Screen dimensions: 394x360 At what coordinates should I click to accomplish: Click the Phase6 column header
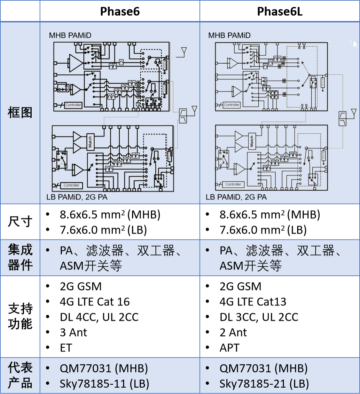tap(120, 12)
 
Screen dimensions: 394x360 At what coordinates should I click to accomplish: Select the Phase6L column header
tap(280, 12)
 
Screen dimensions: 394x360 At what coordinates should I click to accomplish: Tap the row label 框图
tap(20, 113)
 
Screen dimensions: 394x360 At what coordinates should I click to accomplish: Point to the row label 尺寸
tap(20, 221)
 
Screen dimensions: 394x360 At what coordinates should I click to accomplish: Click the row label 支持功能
tap(20, 316)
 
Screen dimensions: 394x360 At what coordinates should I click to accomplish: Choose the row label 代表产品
tap(20, 375)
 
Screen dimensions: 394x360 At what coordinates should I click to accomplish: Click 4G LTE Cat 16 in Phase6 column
tap(95, 302)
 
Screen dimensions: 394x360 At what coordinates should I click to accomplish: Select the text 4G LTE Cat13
tap(253, 302)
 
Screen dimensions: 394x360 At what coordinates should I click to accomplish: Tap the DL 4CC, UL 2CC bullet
tap(99, 317)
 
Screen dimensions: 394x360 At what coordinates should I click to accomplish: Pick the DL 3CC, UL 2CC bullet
tap(259, 317)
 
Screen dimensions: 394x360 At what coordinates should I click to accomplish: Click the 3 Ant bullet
tap(73, 332)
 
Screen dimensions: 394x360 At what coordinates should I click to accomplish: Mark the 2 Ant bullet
tap(233, 332)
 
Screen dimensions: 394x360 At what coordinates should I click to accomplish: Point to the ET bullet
tap(66, 348)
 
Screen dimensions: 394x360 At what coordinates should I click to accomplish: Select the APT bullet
tap(229, 348)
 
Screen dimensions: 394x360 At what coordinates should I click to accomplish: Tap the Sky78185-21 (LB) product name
tap(264, 384)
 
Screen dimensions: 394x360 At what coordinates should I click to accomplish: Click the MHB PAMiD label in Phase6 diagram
tap(70, 35)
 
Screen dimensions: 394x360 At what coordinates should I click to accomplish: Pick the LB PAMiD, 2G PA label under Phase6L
tap(236, 197)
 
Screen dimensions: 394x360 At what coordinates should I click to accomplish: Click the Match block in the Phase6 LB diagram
tap(90, 142)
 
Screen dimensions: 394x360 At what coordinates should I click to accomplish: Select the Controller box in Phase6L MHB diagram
tap(232, 105)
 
